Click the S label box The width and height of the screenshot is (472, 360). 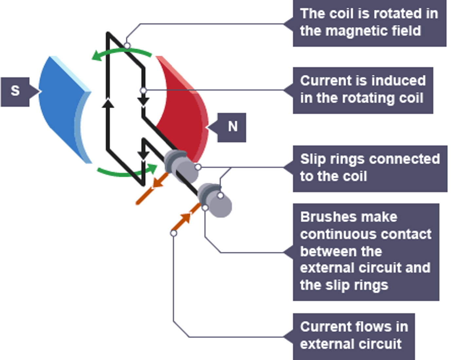point(15,91)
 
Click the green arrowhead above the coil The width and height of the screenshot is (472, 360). point(97,56)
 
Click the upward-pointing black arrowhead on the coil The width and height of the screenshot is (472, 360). point(108,103)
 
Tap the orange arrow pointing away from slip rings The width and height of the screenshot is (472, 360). point(158,182)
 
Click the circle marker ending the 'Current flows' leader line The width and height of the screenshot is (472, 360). point(173,233)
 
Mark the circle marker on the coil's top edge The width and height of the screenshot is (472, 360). point(127,46)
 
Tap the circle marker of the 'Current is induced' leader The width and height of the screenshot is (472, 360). point(143,90)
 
